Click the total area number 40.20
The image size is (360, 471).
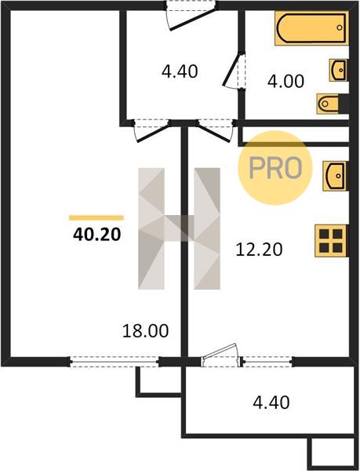click(97, 234)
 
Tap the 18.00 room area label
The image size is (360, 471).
click(146, 330)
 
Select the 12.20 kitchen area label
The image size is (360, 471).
click(259, 250)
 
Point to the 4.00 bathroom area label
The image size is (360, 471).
click(285, 81)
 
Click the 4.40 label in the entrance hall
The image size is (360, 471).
click(180, 71)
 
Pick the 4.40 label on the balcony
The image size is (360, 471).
click(271, 402)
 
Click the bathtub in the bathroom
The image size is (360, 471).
click(311, 28)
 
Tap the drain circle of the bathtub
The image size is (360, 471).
click(340, 27)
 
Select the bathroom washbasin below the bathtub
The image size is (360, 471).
click(339, 70)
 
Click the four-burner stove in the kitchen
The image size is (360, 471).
click(332, 241)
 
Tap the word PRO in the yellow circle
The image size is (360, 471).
click(275, 168)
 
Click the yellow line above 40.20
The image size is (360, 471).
click(96, 217)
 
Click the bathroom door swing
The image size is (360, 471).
click(232, 71)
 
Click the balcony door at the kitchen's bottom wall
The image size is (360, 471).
click(221, 355)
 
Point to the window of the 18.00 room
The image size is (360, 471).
click(115, 362)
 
